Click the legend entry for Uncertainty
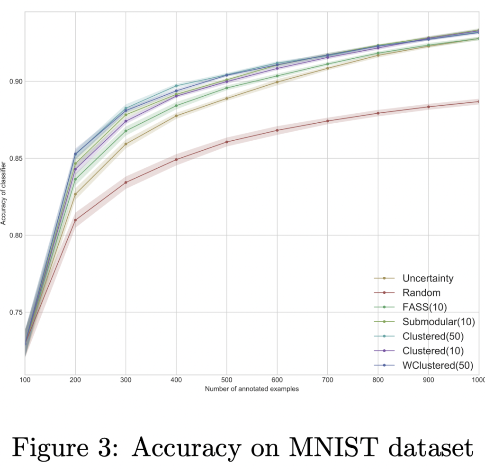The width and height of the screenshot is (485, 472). click(x=428, y=278)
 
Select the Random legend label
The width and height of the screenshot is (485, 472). click(x=421, y=293)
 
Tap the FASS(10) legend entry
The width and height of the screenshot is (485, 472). click(x=424, y=308)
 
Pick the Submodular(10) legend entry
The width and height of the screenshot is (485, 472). click(x=438, y=322)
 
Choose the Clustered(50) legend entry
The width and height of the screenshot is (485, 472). click(x=432, y=336)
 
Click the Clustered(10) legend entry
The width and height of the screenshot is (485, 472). click(x=432, y=351)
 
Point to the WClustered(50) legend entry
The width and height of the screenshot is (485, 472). click(x=437, y=365)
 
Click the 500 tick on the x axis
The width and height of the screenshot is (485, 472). click(x=226, y=381)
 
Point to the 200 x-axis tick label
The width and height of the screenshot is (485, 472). click(x=75, y=381)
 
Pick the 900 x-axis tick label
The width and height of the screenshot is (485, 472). click(x=428, y=381)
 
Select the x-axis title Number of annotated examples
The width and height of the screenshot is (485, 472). click(x=251, y=389)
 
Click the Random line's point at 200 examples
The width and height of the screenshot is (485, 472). click(x=75, y=220)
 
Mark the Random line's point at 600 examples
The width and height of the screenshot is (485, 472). click(x=277, y=130)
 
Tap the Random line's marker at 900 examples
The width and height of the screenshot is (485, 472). click(x=429, y=107)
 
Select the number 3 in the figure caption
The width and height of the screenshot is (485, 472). click(x=118, y=447)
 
